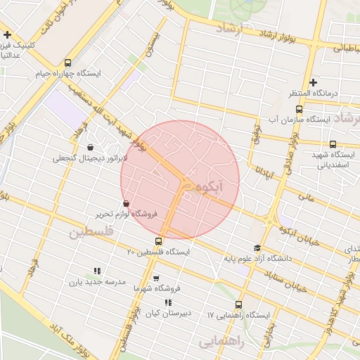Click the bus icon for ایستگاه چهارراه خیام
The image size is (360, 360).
coord(67,63)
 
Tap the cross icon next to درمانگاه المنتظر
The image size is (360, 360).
coord(313,82)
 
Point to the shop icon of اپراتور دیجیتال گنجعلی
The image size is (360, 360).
coord(91,148)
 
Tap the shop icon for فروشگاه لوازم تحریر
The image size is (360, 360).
coord(126,204)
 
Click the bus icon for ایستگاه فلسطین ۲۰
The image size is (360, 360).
coord(158,241)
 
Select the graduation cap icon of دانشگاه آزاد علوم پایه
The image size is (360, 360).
coord(257,247)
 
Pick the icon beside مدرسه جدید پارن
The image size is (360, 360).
coord(97,271)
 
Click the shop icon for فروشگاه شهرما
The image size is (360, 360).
coord(156,278)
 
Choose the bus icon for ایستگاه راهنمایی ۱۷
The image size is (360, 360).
coord(238,305)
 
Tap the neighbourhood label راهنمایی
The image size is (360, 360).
coord(221,342)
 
